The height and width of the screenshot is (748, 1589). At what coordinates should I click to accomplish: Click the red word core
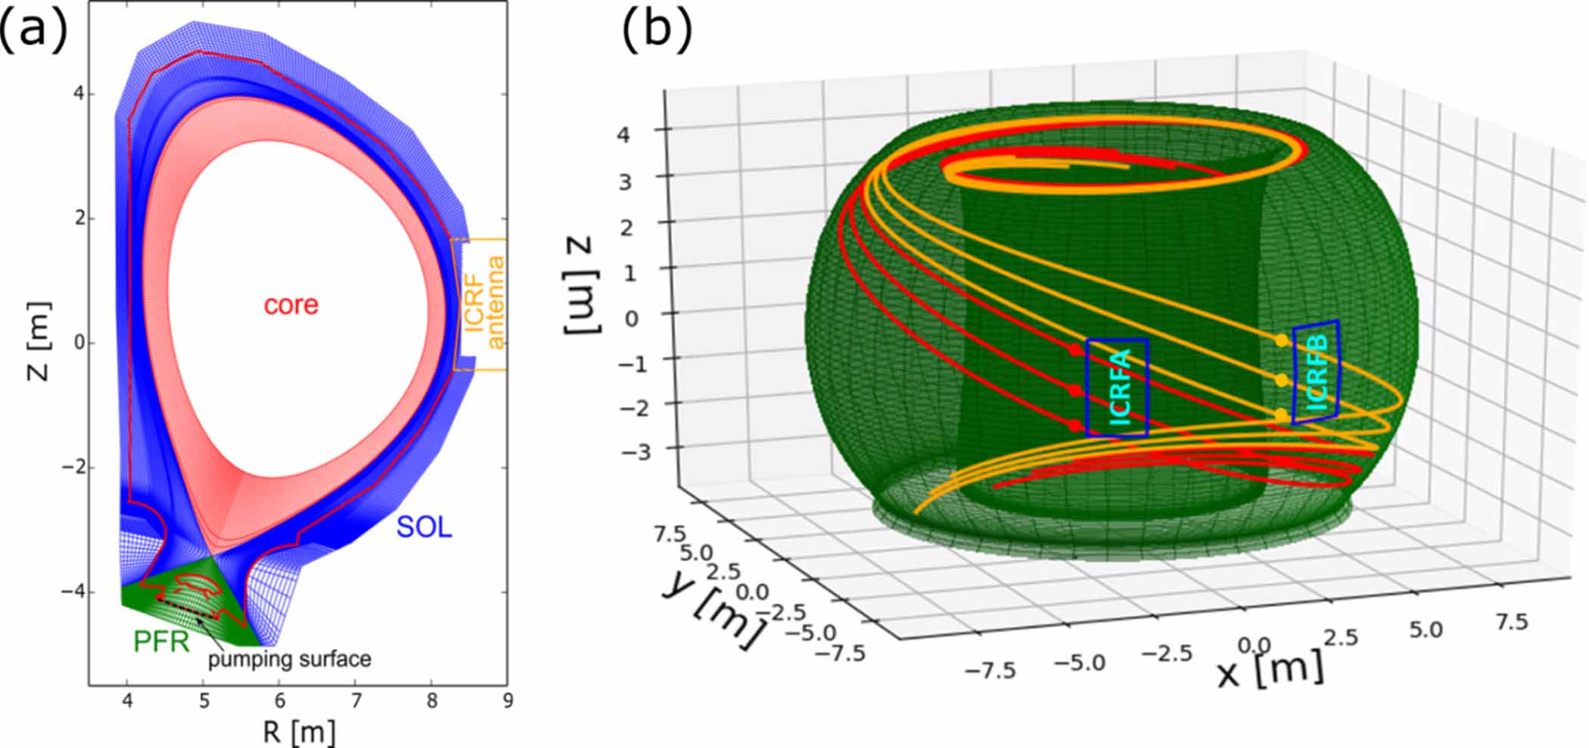pyautogui.click(x=291, y=305)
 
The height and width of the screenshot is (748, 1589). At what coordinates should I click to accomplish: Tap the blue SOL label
pyautogui.click(x=424, y=526)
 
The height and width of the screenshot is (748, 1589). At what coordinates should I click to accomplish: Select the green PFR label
pyautogui.click(x=160, y=641)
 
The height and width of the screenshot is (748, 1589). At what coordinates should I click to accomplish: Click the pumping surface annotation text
pyautogui.click(x=290, y=660)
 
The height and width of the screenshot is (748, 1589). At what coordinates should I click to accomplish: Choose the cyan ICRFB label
pyautogui.click(x=1317, y=373)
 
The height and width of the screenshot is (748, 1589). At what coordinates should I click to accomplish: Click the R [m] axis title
pyautogui.click(x=299, y=731)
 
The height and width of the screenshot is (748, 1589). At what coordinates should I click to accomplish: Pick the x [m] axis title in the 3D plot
pyautogui.click(x=1270, y=669)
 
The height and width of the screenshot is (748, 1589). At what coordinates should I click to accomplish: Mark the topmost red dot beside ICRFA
pyautogui.click(x=1075, y=349)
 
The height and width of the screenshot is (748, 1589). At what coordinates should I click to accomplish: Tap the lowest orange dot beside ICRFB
pyautogui.click(x=1280, y=414)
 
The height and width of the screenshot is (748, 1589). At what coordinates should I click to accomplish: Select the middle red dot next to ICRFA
pyautogui.click(x=1075, y=390)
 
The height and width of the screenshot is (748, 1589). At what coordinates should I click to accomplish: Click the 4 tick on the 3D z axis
pyautogui.click(x=623, y=135)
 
